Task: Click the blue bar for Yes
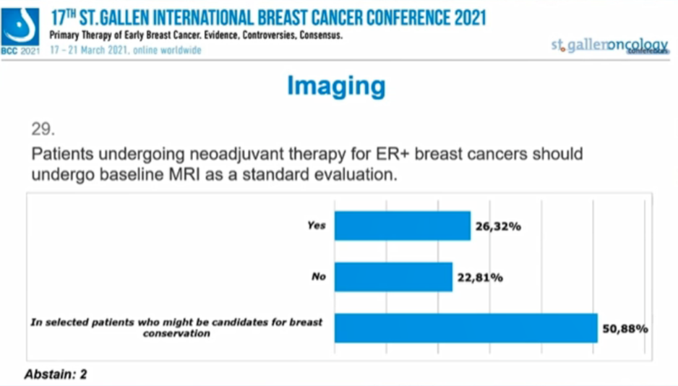402,226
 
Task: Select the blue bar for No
393,277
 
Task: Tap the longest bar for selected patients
465,327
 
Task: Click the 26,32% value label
498,226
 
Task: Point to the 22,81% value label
480,278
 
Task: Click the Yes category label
317,226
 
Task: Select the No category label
319,276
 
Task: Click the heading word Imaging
336,86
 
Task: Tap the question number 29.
43,129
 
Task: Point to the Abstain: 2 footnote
56,374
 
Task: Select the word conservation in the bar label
176,333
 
